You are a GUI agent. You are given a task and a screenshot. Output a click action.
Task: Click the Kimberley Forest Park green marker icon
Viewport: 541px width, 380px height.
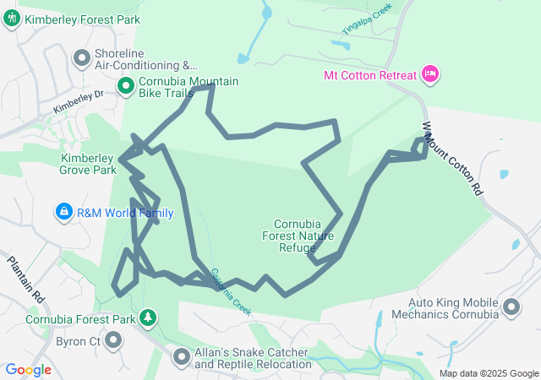tap(12, 19)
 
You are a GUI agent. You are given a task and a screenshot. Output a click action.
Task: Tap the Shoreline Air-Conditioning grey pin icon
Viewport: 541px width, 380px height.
tap(82, 58)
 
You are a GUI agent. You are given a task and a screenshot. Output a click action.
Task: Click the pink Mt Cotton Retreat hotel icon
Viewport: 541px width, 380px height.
tap(430, 75)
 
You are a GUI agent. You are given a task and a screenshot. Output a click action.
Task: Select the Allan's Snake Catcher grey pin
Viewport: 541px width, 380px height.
tap(181, 357)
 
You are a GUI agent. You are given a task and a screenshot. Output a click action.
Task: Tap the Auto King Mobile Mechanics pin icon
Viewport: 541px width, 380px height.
tap(511, 308)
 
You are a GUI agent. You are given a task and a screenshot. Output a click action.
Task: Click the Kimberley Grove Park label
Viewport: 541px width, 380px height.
tap(88, 164)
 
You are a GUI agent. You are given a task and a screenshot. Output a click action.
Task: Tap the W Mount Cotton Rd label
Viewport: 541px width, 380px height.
tap(451, 166)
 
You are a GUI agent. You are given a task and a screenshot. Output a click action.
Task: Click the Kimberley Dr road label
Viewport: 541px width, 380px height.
tap(77, 103)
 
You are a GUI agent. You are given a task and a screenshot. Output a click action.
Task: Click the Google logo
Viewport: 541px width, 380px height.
tap(28, 370)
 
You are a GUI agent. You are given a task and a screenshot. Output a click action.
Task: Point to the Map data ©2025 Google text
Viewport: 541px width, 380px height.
tap(489, 373)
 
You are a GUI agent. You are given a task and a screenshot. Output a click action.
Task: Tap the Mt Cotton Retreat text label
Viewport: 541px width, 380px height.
tap(370, 75)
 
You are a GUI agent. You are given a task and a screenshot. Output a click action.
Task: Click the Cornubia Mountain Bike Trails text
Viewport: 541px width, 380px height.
tap(188, 88)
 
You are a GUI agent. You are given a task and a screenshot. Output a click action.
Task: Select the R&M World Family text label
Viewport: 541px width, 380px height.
tap(125, 213)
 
